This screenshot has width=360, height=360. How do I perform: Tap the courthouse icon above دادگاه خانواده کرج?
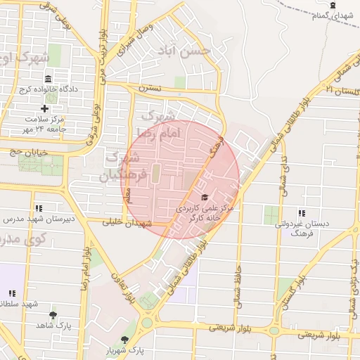coord(48,79)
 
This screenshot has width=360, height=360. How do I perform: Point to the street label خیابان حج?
coord(27,151)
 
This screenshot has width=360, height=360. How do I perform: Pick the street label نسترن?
coord(149,89)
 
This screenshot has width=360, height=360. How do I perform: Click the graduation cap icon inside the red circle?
coord(205,198)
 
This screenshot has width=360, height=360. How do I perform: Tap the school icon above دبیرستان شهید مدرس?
coord(38,208)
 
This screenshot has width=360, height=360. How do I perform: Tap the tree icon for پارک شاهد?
coord(53,316)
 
